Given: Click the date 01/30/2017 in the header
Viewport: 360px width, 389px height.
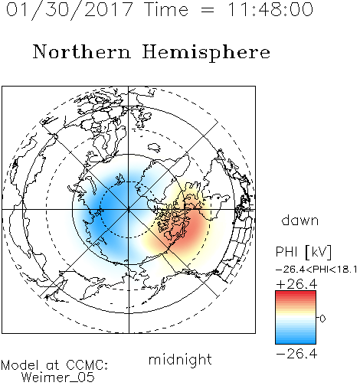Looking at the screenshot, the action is click(70, 10).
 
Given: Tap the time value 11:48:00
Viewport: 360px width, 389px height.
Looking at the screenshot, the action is click(270, 9).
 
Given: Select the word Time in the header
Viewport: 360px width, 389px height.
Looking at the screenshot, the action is click(166, 9).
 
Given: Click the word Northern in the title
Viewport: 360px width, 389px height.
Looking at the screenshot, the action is click(82, 51).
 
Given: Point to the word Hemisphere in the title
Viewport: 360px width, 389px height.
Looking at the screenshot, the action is click(206, 53).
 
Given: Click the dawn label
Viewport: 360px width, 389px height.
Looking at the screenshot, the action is click(300, 220).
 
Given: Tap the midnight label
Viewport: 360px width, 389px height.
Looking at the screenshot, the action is click(180, 359).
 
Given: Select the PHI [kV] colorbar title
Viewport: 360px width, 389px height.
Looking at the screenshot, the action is click(303, 252).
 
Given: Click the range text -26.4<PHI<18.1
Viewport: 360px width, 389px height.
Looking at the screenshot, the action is click(316, 270).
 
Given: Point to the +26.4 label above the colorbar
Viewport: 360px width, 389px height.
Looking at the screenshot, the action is click(296, 284).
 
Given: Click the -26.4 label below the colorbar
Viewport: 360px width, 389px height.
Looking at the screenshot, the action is click(296, 354).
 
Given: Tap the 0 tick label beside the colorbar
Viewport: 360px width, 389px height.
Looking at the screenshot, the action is click(322, 319).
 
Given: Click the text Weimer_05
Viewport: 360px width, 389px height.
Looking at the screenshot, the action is click(58, 378).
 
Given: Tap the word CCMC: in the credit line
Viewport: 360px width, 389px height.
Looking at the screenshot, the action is click(87, 365).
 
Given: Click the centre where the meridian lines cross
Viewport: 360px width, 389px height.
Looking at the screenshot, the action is click(129, 209).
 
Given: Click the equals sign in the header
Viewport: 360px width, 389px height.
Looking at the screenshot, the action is click(207, 10).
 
